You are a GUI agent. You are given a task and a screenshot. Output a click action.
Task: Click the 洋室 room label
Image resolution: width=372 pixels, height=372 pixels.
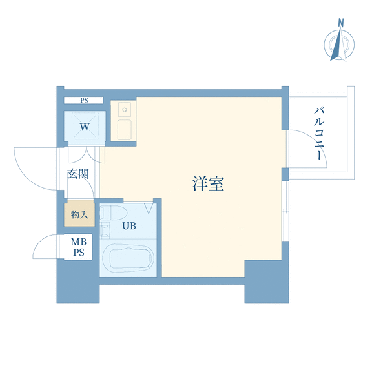point(208,183)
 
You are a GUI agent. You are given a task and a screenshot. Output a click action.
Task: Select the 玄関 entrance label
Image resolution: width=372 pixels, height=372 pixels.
point(78,174)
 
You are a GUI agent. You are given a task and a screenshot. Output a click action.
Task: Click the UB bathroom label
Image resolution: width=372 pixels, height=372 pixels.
point(129,226)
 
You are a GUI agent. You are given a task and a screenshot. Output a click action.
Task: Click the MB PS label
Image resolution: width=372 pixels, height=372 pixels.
point(79,247)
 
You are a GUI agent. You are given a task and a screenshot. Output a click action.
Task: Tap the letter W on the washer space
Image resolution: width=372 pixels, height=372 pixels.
point(85,127)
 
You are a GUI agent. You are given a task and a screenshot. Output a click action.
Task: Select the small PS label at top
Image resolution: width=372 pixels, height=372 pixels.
point(84,100)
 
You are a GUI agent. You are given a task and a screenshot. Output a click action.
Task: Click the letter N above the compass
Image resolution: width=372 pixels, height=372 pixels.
point(341,23)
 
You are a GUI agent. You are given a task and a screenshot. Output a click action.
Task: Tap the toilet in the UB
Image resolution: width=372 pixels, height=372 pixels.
point(114,212)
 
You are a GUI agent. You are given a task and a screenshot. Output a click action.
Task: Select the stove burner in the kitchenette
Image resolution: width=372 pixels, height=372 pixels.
point(125,110)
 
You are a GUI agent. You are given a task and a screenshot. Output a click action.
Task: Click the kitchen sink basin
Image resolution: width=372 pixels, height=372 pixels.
point(125,130)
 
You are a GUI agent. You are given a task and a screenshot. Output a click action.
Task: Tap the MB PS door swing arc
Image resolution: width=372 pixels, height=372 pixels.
point(39,242)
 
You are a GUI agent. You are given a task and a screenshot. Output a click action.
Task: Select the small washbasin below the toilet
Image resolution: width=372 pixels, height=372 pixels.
point(105,230)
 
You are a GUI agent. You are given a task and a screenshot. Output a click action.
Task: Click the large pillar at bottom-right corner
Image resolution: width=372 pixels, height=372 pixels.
point(267,282)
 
